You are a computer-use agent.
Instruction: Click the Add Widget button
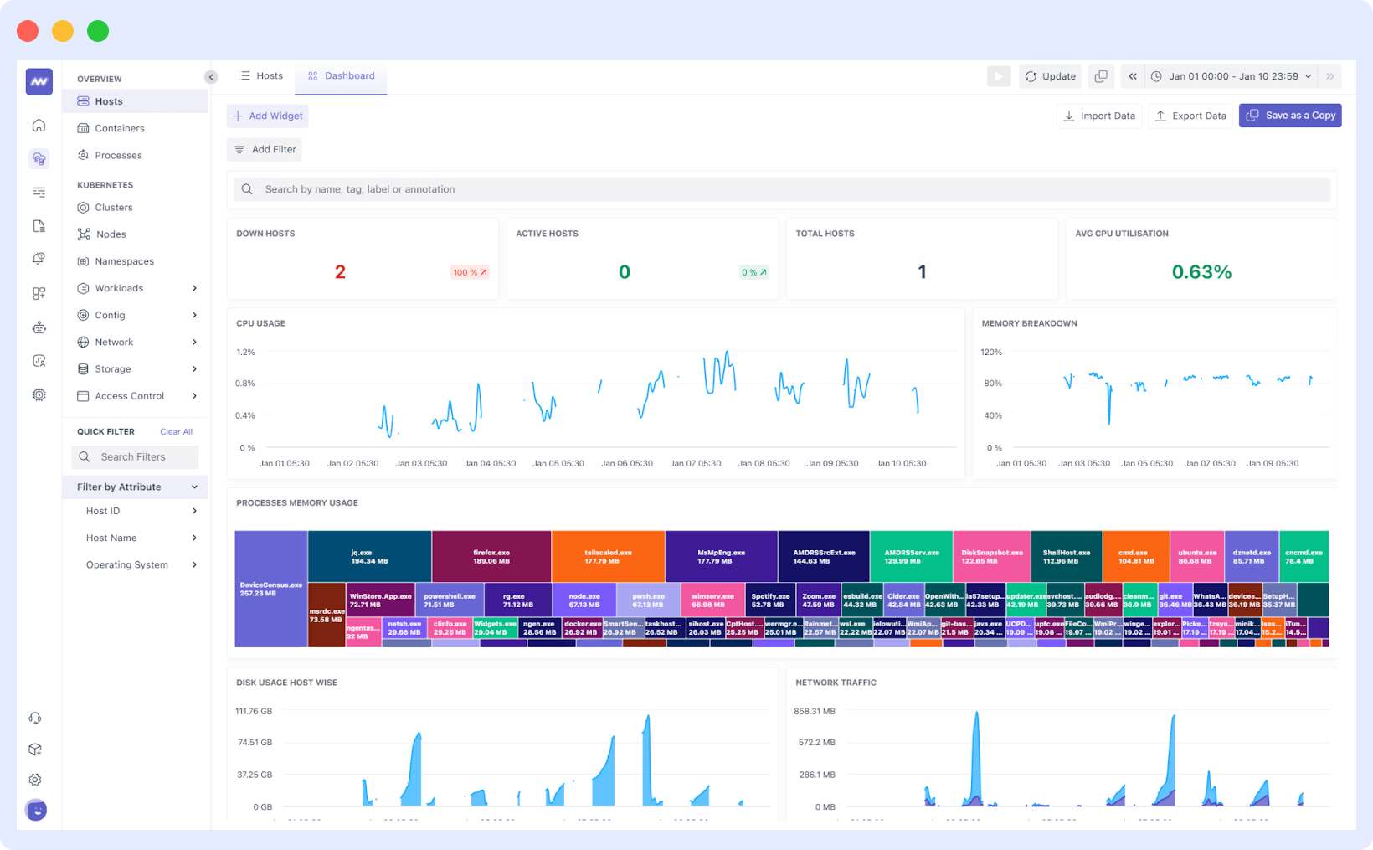268,116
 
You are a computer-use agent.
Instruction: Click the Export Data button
1190,116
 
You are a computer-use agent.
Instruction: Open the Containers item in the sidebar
119,128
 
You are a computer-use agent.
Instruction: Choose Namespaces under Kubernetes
124,261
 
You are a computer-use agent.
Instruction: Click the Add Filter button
265,149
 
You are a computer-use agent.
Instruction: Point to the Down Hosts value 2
340,272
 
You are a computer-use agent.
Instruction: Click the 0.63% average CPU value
1201,272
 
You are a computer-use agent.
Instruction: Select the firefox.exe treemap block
491,556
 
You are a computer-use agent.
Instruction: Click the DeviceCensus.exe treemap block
270,589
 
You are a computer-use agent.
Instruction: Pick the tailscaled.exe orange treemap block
608,556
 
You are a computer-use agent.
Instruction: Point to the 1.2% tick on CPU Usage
245,353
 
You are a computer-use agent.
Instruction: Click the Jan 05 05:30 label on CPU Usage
558,463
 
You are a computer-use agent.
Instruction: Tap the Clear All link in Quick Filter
176,432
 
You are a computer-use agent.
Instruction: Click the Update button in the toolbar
1051,76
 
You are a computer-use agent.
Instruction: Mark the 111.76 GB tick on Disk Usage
254,712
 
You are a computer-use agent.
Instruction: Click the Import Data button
1098,116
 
